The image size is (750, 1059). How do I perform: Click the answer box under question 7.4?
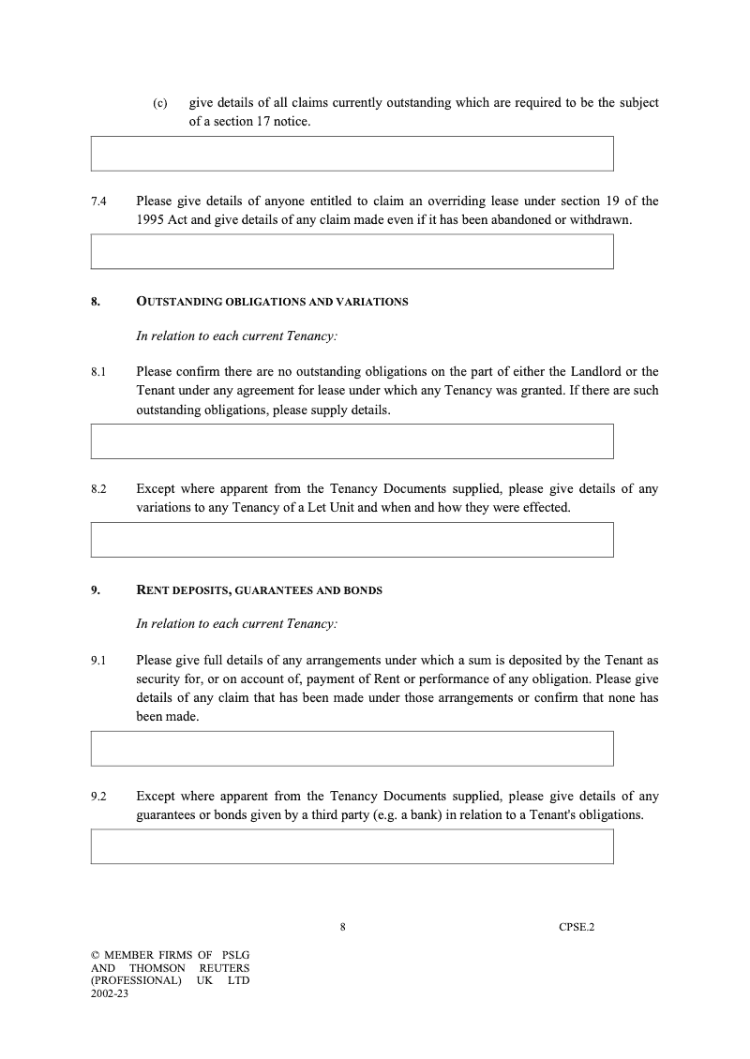(352, 252)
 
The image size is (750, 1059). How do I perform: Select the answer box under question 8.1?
(352, 441)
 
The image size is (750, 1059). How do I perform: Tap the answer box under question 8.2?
(352, 540)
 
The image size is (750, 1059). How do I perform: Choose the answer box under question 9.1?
(352, 749)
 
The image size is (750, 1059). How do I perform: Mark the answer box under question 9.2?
(352, 846)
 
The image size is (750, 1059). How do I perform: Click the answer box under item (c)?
(352, 154)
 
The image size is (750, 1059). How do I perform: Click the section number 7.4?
(98, 201)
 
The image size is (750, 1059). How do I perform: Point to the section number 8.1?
(98, 372)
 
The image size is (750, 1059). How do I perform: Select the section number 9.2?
(98, 797)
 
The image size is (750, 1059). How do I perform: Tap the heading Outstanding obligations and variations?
(272, 302)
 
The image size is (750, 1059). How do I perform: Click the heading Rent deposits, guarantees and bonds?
(259, 590)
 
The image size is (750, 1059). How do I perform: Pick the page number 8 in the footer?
(343, 927)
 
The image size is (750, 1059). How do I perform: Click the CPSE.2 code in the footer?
(577, 927)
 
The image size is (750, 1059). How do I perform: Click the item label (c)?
(160, 103)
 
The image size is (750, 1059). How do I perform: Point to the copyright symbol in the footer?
(95, 955)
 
